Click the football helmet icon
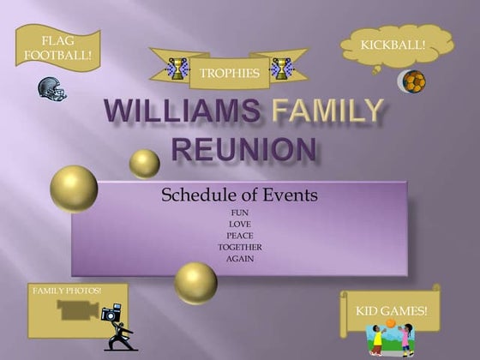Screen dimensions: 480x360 (52, 87)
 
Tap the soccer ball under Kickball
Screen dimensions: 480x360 (414, 81)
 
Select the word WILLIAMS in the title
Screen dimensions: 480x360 (182, 111)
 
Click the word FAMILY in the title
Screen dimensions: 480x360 (327, 110)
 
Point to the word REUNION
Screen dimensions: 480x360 (244, 149)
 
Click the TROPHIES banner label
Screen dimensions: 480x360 (230, 73)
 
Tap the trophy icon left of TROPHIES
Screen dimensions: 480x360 (177, 69)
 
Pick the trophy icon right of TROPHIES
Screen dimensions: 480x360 (281, 69)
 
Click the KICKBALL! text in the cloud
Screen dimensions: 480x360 (393, 45)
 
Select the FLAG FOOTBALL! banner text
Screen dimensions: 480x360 (58, 48)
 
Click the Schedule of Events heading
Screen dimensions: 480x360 (239, 195)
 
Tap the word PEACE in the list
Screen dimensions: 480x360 (240, 236)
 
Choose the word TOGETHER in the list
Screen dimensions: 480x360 (240, 247)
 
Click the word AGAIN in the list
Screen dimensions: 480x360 (240, 259)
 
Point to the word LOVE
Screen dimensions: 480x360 (240, 224)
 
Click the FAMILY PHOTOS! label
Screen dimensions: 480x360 (67, 291)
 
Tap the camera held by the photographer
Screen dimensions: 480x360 (111, 312)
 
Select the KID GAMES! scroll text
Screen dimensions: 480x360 (391, 311)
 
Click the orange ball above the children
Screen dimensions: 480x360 (390, 323)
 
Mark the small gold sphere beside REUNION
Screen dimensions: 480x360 (145, 164)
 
